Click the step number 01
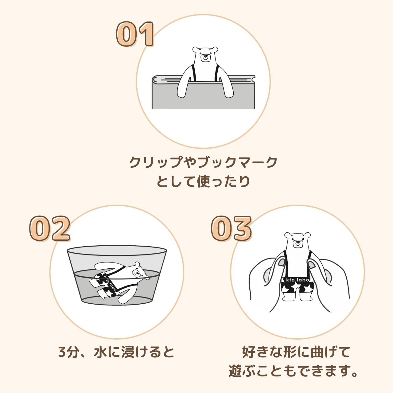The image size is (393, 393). point(135,34)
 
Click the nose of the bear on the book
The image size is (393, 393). point(205,56)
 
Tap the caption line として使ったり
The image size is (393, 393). point(203,182)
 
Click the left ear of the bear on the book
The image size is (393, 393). point(195,49)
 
